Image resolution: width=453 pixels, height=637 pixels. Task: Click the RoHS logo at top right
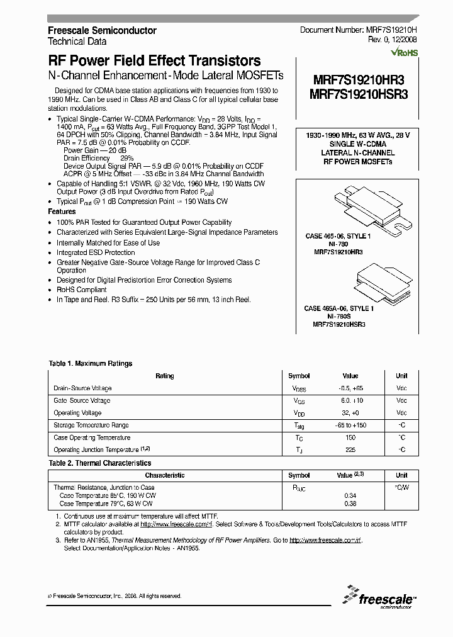point(405,54)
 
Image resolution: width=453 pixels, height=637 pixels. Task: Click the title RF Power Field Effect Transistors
point(154,61)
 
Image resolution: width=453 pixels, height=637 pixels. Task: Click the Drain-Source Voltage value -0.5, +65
point(350,388)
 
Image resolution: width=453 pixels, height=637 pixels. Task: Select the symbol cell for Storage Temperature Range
point(299,426)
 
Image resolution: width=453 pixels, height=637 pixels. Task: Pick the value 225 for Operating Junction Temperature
point(350,450)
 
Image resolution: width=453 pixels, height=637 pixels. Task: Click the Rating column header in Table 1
point(165,376)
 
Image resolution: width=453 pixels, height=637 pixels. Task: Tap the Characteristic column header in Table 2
point(165,476)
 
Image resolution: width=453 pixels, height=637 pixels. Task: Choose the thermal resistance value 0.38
point(350,504)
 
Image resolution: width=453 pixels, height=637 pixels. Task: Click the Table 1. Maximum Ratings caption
point(91,364)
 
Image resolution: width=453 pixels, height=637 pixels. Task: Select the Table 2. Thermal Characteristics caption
point(100,463)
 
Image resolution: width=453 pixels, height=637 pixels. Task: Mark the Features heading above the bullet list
point(62,212)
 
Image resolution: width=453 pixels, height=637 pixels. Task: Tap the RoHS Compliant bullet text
point(82,290)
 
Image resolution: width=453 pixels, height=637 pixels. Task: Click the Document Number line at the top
point(358,30)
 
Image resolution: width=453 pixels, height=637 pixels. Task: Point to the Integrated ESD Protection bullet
point(96,252)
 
